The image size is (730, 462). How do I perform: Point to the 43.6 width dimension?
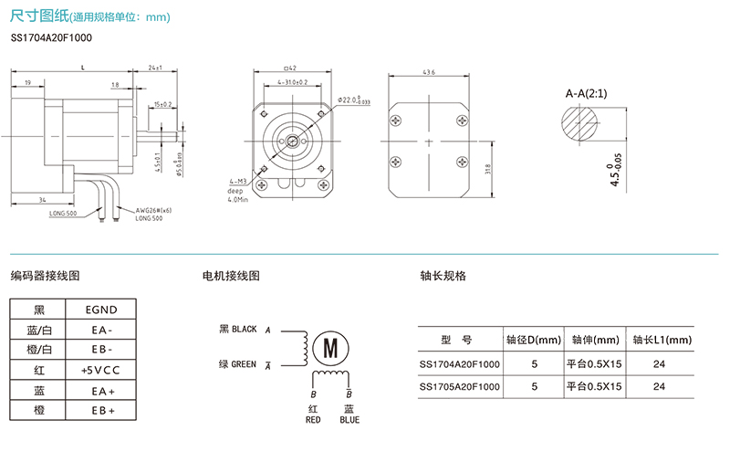pos(428,72)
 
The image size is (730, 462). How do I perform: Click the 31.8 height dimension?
pos(488,168)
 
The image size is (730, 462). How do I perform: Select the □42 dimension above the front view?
pos(291,68)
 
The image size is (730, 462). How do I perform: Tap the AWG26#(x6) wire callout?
pos(153,210)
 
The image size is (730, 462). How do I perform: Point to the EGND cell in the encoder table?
pos(100,310)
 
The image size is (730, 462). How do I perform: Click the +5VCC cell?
pos(100,370)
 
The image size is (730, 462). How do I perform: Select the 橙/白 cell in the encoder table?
pos(39,350)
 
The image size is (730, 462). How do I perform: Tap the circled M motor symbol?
pos(330,347)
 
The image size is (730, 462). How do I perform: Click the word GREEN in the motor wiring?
pos(244,364)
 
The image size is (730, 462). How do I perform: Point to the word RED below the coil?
pos(313,420)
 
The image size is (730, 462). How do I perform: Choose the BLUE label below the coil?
pos(349,420)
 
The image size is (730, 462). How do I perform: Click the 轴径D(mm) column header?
pos(534,340)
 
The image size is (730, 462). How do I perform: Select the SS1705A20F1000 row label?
pos(460,386)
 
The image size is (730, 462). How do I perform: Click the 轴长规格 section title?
pos(443,276)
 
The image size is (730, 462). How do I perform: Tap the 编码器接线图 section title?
pos(45,276)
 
